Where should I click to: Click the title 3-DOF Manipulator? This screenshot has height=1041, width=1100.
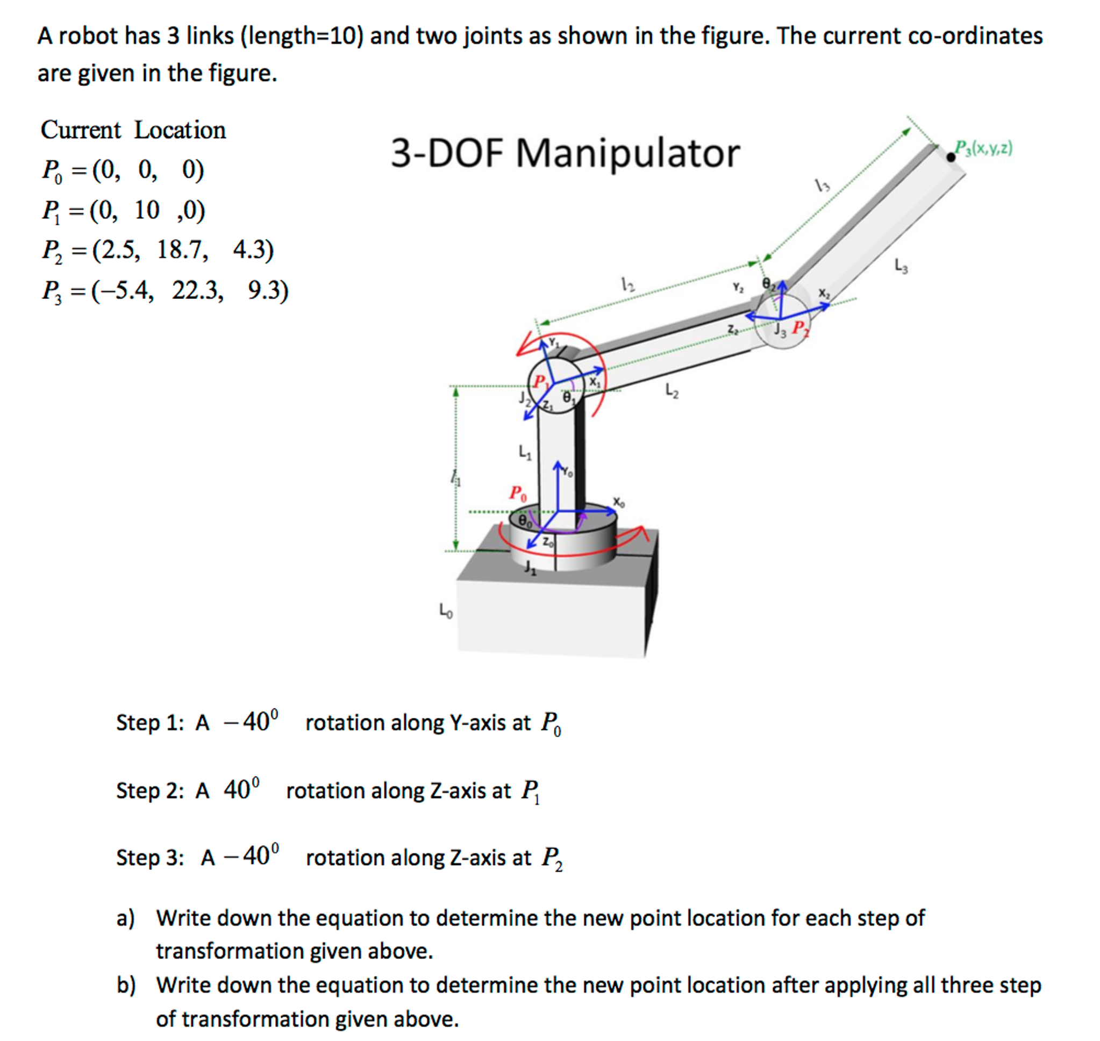pyautogui.click(x=565, y=153)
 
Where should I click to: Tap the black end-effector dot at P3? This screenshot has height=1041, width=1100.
pyautogui.click(x=951, y=157)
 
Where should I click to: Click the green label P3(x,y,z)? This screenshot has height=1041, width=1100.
pyautogui.click(x=983, y=148)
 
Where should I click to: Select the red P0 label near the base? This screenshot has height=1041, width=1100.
pyautogui.click(x=518, y=493)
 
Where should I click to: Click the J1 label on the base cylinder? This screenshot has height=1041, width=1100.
pyautogui.click(x=530, y=567)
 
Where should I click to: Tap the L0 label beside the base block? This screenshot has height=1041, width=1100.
pyautogui.click(x=446, y=611)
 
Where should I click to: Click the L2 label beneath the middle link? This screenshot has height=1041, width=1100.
pyautogui.click(x=672, y=391)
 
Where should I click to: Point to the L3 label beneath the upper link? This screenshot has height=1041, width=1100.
pyautogui.click(x=901, y=266)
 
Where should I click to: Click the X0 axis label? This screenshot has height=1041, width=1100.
pyautogui.click(x=618, y=502)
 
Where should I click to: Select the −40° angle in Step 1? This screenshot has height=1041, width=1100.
pyautogui.click(x=251, y=722)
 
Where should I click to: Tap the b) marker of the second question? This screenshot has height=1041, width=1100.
pyautogui.click(x=125, y=985)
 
